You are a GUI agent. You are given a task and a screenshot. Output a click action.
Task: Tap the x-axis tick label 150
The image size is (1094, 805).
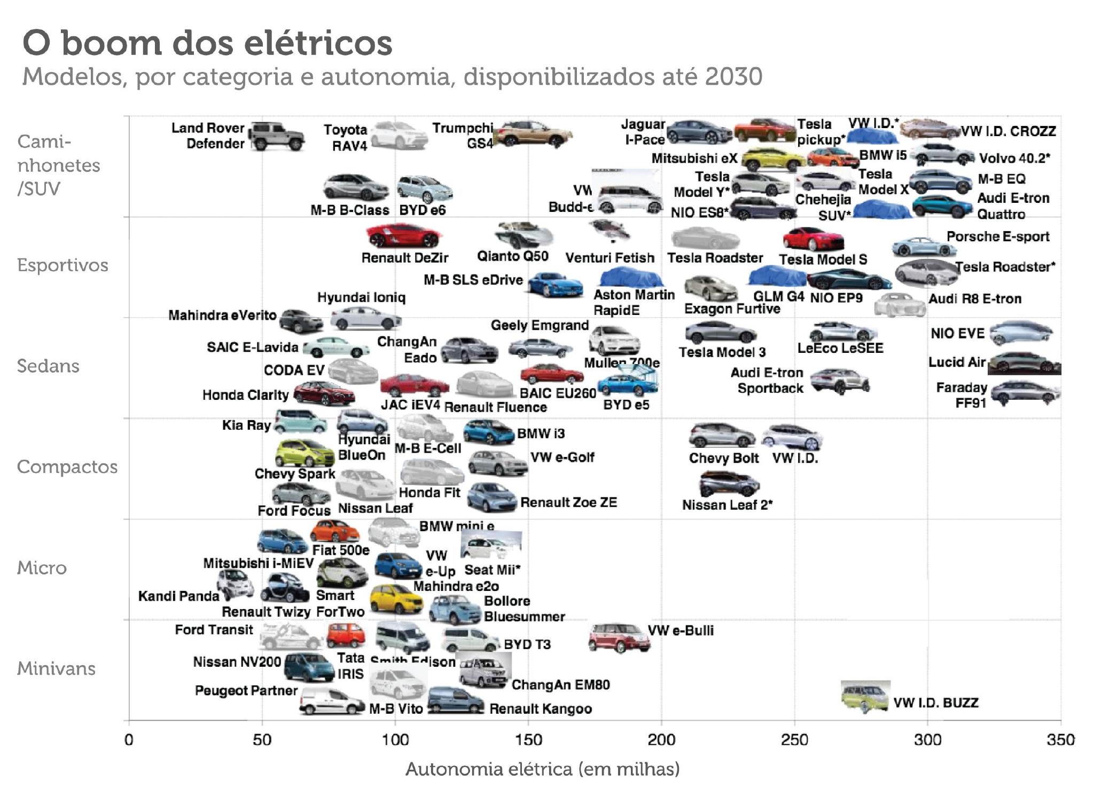(x=528, y=740)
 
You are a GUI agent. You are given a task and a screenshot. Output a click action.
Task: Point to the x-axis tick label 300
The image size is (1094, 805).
(x=927, y=740)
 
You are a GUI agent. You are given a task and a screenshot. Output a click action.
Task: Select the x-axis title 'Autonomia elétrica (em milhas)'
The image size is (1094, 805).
(x=542, y=769)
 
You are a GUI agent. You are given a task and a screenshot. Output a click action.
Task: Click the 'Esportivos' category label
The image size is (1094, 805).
(x=62, y=265)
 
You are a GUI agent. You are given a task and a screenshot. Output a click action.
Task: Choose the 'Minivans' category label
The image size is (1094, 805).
(x=56, y=668)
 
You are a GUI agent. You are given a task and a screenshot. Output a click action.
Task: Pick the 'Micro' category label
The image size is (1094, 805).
(x=42, y=567)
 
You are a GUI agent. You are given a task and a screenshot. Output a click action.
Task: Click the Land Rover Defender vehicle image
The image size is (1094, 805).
(x=277, y=136)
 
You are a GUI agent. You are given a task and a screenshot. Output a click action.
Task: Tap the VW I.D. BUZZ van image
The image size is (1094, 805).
(x=865, y=697)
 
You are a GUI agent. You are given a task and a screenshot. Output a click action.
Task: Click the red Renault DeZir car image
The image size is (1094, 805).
(x=403, y=236)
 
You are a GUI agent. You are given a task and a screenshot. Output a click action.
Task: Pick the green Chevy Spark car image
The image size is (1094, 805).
(x=304, y=453)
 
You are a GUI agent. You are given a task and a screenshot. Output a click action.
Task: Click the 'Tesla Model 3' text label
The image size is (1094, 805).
(x=722, y=352)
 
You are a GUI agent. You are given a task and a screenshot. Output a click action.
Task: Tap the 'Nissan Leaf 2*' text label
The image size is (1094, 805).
(x=727, y=505)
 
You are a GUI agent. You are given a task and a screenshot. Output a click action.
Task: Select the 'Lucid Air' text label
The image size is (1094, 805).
(x=956, y=362)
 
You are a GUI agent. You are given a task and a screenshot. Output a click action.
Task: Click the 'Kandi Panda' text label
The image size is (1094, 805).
(x=178, y=596)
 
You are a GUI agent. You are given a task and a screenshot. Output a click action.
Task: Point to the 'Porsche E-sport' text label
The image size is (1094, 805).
(x=997, y=236)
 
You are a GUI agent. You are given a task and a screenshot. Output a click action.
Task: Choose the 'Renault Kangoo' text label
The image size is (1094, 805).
(x=541, y=709)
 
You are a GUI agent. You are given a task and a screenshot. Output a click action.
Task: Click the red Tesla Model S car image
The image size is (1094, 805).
(x=812, y=239)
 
